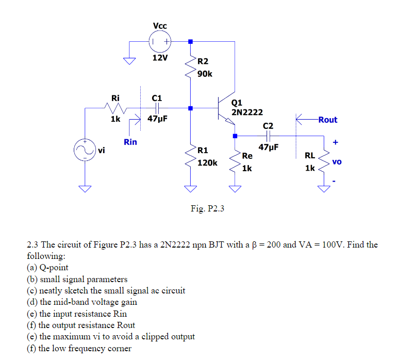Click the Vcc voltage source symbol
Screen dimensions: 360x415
pyautogui.click(x=160, y=41)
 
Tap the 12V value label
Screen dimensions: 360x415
pyautogui.click(x=160, y=57)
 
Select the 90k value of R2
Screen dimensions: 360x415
pyautogui.click(x=205, y=74)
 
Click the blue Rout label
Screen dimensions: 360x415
pyautogui.click(x=328, y=120)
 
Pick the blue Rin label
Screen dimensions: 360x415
pyautogui.click(x=130, y=142)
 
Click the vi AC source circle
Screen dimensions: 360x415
pyautogui.click(x=85, y=150)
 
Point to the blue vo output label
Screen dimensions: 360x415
pyautogui.click(x=337, y=161)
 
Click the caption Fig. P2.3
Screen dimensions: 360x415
pyautogui.click(x=207, y=209)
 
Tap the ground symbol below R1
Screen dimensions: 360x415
pyautogui.click(x=190, y=188)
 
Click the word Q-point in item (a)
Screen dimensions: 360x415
pyautogui.click(x=54, y=268)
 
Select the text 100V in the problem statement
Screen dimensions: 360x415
pyautogui.click(x=331, y=244)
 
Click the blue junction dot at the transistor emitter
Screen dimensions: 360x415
pyautogui.click(x=235, y=136)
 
